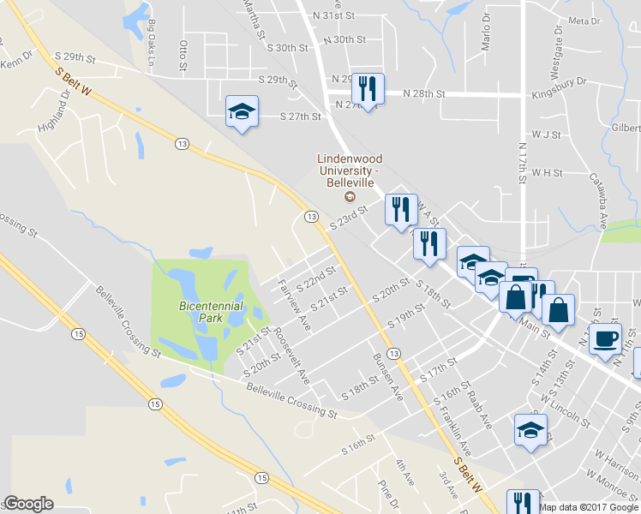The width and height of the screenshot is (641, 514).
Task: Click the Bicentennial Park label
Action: click(211, 311)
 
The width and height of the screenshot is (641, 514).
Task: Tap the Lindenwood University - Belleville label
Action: click(350, 171)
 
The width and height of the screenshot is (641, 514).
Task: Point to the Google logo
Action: click(28, 504)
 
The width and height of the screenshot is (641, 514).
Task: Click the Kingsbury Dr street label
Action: click(558, 82)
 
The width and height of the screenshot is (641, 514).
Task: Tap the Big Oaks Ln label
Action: click(152, 44)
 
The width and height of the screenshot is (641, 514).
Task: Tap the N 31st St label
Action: click(338, 15)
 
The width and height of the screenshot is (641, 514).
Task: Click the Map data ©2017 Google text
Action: click(589, 506)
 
